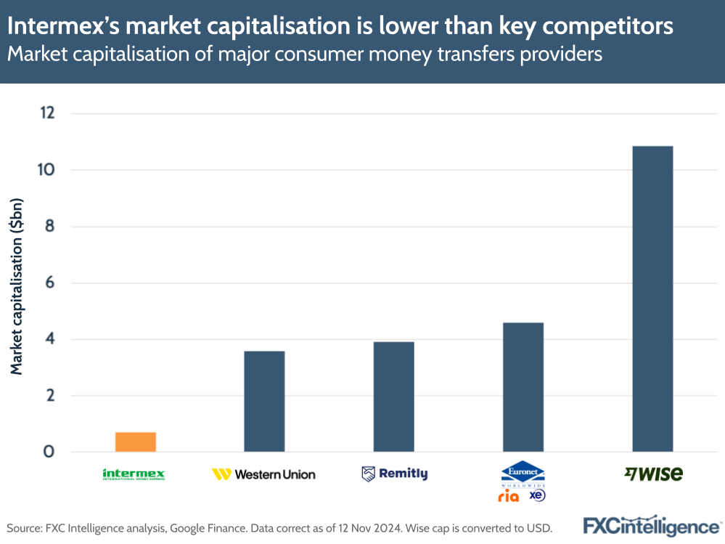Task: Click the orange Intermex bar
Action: [135, 442]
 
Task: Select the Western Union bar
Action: [264, 401]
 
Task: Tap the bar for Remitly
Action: [393, 397]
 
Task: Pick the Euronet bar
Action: [523, 387]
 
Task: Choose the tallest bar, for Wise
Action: [652, 299]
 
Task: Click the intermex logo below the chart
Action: [134, 474]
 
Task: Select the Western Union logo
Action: [263, 474]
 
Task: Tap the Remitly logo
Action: [394, 474]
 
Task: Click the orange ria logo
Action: [509, 496]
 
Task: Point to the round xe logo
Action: [537, 495]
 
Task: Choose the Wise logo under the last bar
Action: [653, 474]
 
